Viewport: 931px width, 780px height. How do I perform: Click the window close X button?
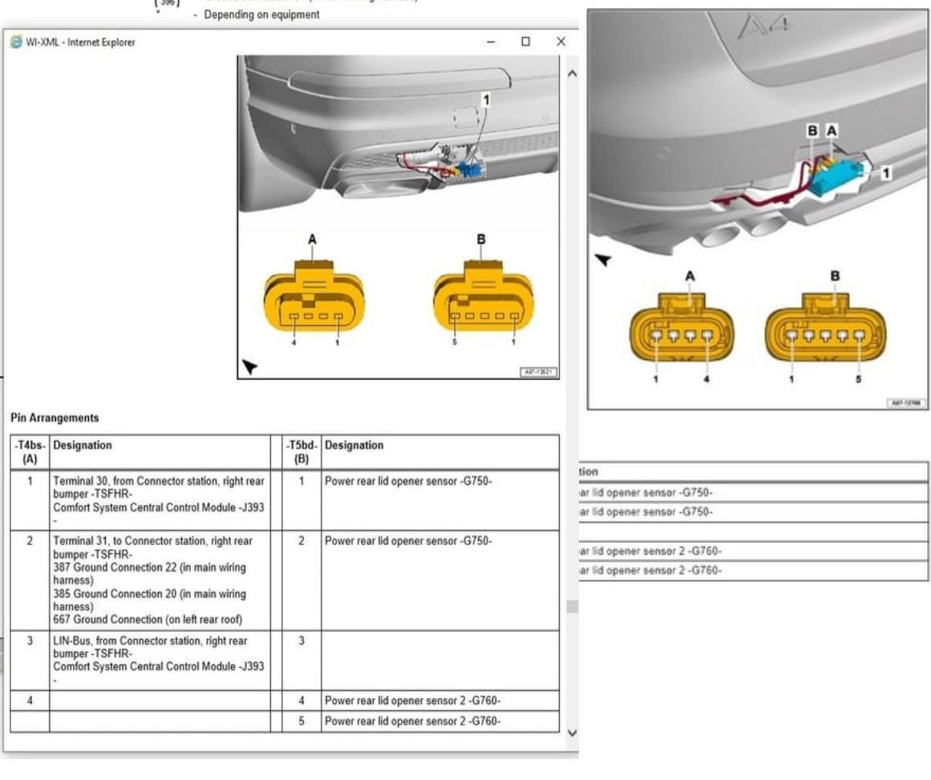coord(561,42)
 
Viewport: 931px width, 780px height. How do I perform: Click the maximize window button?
coord(525,42)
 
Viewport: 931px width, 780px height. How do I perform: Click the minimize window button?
coord(491,42)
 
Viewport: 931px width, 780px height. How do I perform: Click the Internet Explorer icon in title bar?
coord(16,42)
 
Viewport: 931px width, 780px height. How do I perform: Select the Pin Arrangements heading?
coord(55,418)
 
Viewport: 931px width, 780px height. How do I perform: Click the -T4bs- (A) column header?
coord(30,452)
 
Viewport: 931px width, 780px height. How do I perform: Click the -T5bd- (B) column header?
coord(302,452)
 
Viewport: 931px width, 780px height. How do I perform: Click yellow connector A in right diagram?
coord(682,328)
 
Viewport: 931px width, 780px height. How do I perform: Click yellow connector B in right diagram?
coord(826,328)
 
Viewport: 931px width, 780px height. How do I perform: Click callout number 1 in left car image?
coord(485,99)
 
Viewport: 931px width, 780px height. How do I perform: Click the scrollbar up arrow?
coord(572,73)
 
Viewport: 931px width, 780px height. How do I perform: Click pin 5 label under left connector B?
coord(455,342)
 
